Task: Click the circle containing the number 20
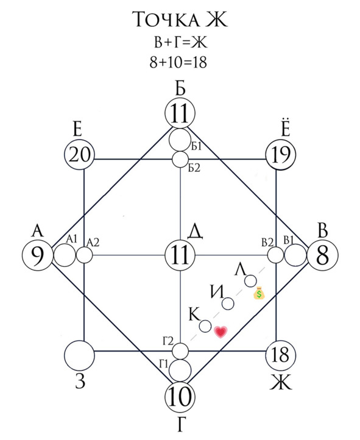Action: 80,155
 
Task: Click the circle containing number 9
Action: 38,255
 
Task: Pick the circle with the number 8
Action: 323,255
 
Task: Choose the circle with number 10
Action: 180,397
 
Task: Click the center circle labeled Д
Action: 180,255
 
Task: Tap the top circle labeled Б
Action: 180,113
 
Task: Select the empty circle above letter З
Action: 80,355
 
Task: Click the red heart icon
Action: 221,332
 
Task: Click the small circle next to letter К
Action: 205,326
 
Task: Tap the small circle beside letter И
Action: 228,303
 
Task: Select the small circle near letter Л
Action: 250,281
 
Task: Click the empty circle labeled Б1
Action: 180,140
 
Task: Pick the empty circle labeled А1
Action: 65,255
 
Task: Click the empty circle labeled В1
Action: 295,255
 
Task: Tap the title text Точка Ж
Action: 180,20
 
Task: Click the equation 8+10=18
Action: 178,62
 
